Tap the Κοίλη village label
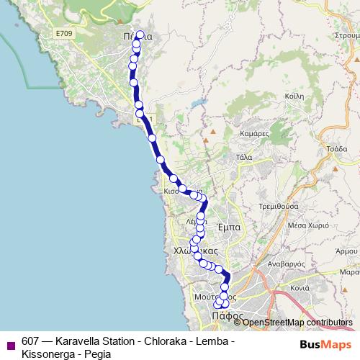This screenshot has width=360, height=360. coord(294,96)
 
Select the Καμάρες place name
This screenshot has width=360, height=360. coord(254,134)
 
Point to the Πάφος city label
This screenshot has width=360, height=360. coord(225,315)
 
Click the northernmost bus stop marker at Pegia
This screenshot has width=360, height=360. coord(140,34)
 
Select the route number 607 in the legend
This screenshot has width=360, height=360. coord(30,341)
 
